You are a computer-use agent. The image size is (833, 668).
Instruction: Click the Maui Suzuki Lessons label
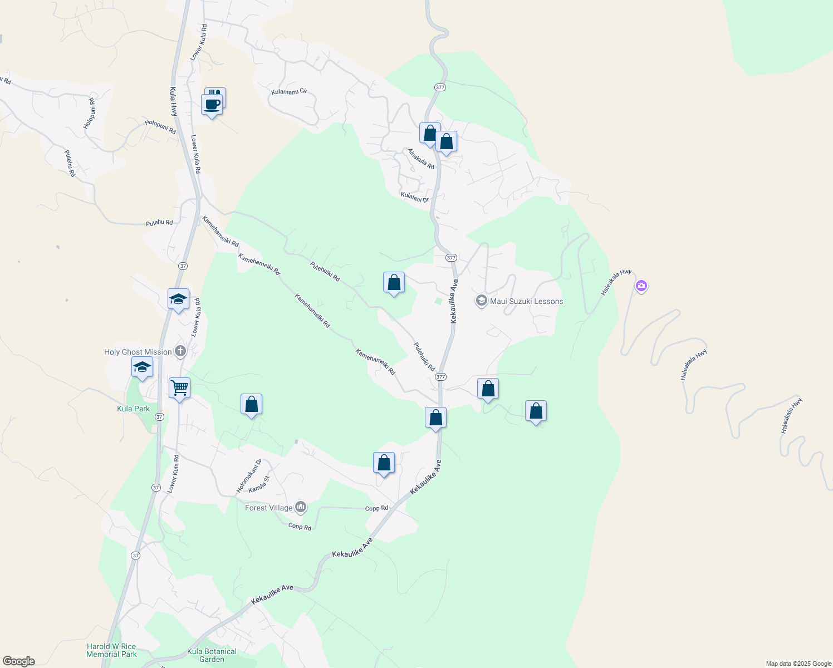point(526,301)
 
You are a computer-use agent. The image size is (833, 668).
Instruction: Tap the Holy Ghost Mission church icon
point(180,351)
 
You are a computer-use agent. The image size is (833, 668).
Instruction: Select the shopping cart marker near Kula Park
point(179,387)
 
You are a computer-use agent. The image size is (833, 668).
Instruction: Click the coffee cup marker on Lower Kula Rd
point(212,104)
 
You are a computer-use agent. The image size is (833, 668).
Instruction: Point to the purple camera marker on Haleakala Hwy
point(641,286)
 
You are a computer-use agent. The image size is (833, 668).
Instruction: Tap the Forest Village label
point(269,508)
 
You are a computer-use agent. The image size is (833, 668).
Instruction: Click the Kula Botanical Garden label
point(212,655)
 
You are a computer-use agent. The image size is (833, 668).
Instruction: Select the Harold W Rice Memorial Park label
point(111,650)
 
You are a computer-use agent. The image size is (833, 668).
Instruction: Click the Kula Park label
point(134,409)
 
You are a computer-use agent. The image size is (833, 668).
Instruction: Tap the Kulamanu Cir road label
point(289,92)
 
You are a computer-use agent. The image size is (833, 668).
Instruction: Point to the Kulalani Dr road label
point(415,197)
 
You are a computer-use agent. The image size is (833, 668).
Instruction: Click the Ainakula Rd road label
point(421,159)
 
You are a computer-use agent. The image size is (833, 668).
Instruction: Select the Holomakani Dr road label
point(249,476)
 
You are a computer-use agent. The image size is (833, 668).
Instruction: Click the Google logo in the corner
point(18,661)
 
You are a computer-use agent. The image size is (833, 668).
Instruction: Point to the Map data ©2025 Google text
point(798,664)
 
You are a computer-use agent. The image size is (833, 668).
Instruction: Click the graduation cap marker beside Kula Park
point(142,367)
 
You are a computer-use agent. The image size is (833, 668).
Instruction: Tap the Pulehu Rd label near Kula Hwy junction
point(159,223)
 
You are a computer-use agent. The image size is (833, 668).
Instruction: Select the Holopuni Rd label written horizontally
point(160,127)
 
